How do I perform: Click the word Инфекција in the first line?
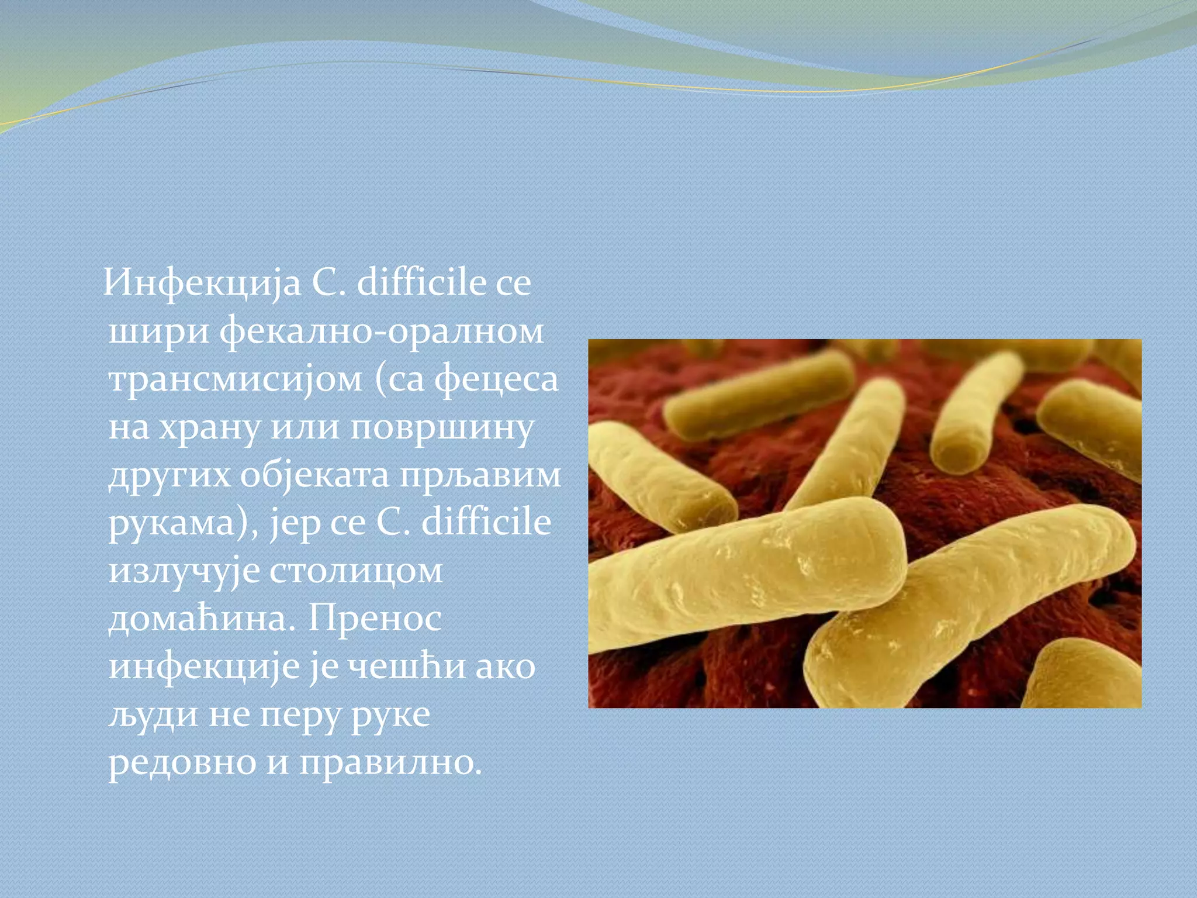click(x=202, y=285)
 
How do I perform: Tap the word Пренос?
click(x=375, y=618)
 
